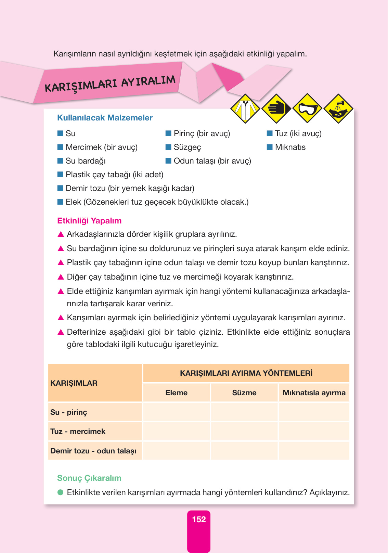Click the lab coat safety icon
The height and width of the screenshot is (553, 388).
coord(245,109)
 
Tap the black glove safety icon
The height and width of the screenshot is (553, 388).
coord(276,108)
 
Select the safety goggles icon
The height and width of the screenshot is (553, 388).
coord(307,108)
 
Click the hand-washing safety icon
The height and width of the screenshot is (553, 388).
coord(338,109)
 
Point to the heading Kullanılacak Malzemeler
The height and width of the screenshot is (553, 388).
coord(105,118)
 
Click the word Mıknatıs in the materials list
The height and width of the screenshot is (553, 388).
coord(290,147)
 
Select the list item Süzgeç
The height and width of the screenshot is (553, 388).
coord(187,147)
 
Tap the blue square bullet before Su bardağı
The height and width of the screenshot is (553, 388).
coord(60,160)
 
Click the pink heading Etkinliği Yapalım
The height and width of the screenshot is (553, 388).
coord(89,221)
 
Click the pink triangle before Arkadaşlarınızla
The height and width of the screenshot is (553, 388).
coord(61,234)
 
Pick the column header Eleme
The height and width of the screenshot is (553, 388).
coord(176,393)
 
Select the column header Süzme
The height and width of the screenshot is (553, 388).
coord(244,393)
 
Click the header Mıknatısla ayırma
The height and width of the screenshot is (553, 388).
coord(314,393)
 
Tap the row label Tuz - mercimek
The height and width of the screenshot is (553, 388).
coord(78,432)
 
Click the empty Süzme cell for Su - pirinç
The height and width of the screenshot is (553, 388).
coord(244,412)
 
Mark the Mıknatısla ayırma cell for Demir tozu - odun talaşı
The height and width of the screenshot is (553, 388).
coord(314,451)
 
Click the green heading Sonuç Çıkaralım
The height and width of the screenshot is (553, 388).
coord(89,478)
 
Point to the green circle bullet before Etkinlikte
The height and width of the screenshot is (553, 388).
coord(61,492)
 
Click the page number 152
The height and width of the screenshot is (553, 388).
coord(199,519)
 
